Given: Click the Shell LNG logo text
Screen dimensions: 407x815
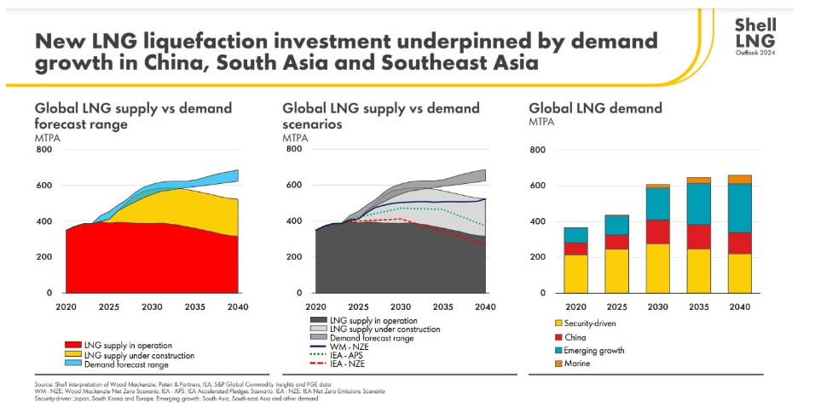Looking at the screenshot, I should tap(755, 33).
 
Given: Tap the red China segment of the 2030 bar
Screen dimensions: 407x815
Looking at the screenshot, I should tap(657, 231).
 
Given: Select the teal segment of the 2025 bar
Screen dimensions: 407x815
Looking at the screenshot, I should tap(616, 225).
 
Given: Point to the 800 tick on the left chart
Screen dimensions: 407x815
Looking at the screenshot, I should tap(43, 150).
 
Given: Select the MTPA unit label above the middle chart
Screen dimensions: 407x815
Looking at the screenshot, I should tap(295, 137).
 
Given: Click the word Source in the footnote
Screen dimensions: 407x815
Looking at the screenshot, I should tap(45, 384).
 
